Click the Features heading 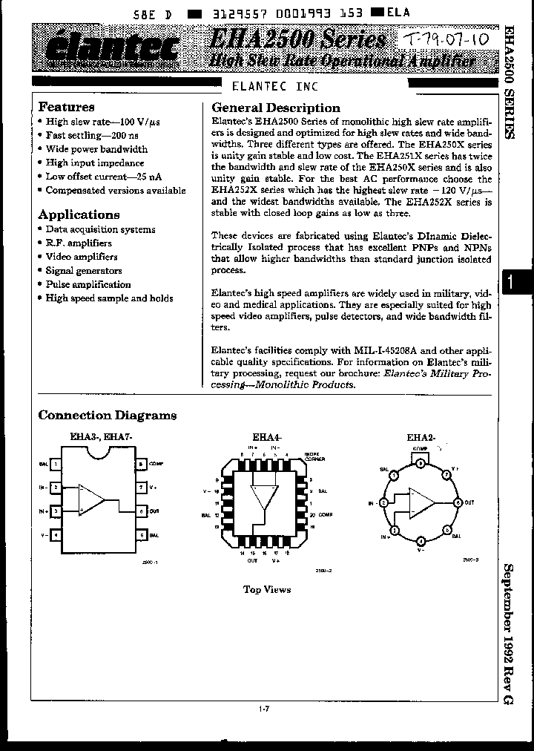point(66,107)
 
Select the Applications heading point(79,214)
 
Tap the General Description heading point(276,108)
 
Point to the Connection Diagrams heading point(108,415)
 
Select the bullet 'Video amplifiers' point(82,257)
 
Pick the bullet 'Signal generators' point(84,271)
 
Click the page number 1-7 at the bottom point(264,710)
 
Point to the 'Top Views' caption point(267,589)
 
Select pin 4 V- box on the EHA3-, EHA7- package point(55,534)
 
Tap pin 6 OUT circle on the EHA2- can point(457,502)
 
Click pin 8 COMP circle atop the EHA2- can point(420,462)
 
